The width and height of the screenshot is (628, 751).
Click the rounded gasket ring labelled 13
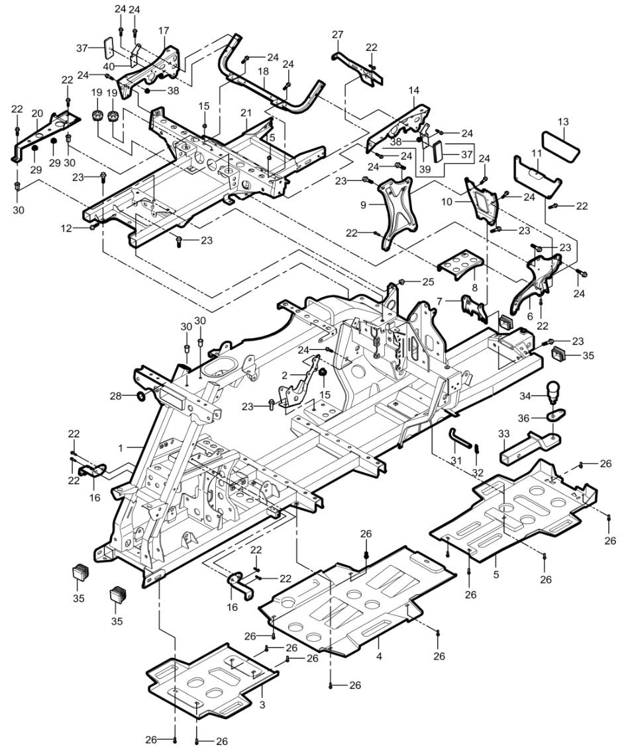561,142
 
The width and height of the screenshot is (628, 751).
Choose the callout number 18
263,71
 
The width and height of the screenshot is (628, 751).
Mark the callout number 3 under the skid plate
262,705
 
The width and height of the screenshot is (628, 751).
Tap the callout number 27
337,34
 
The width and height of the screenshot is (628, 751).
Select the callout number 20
37,113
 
